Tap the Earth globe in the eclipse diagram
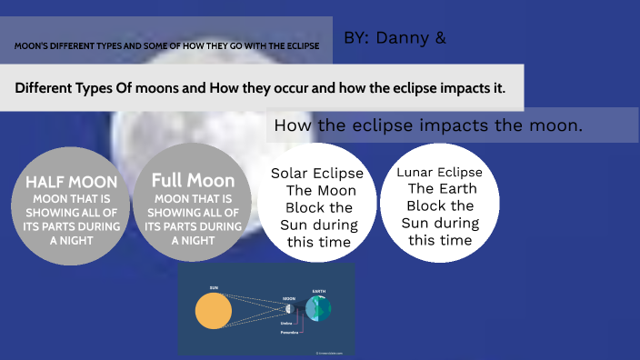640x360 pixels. point(318,309)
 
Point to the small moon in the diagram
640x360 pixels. point(290,309)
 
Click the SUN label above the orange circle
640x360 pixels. point(214,288)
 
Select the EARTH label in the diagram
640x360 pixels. point(318,292)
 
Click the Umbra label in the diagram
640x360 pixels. point(286,323)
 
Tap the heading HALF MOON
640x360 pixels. point(72,182)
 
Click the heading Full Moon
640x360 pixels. point(193,180)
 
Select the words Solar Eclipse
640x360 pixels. point(317,174)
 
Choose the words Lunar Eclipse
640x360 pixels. point(440,172)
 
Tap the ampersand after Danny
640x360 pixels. point(441,38)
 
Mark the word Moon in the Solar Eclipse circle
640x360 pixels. point(335,190)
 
